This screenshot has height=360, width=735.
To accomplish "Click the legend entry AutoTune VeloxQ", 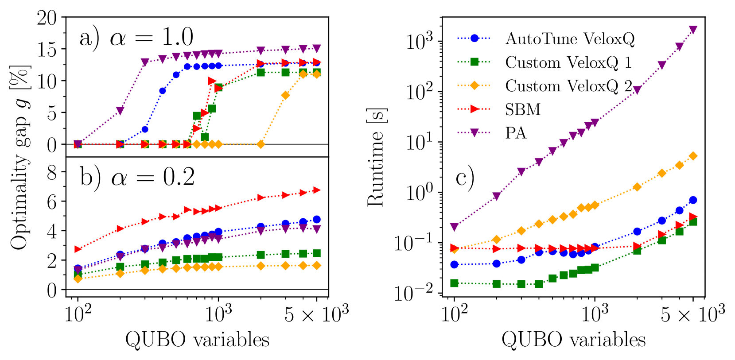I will pos(570,39).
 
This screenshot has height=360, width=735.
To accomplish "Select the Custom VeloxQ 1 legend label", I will pos(568,62).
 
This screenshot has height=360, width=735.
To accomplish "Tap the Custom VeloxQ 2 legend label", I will pos(568,86).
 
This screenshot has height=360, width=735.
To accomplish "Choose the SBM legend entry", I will pos(523,109).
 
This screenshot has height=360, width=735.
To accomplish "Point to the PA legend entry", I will pos(516,133).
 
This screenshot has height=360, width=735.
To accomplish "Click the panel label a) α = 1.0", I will pos(136,37).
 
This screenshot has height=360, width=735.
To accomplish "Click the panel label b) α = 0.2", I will pos(137,177).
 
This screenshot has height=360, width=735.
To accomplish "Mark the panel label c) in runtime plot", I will pos(465,178).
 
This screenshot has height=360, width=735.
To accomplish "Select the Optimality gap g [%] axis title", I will pos(20,157).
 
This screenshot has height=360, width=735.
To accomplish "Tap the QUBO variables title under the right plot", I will pos(573,340).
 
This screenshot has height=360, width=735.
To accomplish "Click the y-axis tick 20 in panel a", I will pos(47,18).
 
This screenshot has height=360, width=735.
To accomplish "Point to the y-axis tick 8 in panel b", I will pos(52,172).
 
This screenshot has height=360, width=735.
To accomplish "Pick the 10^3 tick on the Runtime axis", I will pos(419,42).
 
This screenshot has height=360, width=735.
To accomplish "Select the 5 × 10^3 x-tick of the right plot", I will pos(692,314).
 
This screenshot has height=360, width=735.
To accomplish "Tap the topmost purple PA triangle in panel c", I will pos(693,30).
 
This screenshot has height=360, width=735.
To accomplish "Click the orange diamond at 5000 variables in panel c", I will pos(693,156).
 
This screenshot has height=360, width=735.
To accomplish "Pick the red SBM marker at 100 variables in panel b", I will pos(78,249).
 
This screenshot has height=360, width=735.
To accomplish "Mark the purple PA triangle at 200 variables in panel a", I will pos(120,110).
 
